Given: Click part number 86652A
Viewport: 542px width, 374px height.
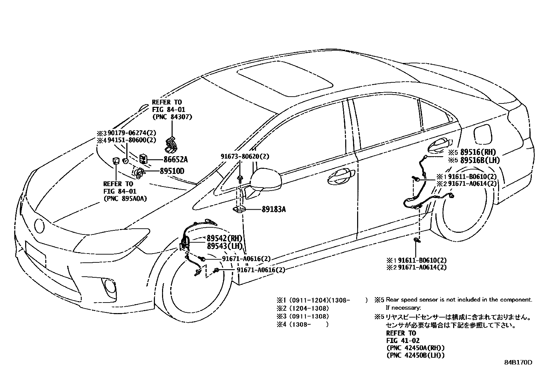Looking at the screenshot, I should (x=175, y=160).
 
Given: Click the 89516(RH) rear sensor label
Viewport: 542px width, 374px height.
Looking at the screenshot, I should (x=478, y=152).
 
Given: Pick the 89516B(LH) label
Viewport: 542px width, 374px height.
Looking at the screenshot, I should (x=480, y=160).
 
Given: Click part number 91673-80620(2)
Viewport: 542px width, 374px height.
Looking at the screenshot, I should (x=245, y=157).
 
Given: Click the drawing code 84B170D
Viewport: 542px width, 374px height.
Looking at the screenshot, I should (x=518, y=363).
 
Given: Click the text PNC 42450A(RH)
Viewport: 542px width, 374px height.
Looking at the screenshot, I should (x=415, y=348).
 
